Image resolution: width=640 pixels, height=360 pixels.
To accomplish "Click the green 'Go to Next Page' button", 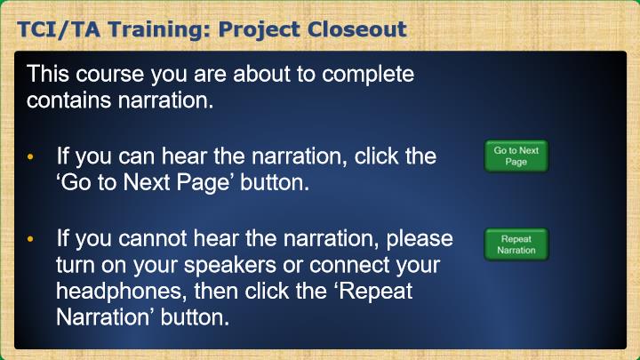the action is pos(516,156).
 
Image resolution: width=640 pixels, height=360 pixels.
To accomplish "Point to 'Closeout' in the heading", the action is pos(357,29).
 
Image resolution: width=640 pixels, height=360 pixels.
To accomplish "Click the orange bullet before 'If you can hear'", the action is pos(30,156).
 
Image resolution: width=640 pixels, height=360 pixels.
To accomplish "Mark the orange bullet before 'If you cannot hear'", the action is pos(30,239).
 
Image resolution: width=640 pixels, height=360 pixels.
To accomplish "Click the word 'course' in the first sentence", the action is pos(110,75).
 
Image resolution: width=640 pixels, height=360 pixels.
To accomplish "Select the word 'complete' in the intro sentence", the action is pos(368,76).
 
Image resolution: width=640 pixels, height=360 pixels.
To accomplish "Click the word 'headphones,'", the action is pos(121,292).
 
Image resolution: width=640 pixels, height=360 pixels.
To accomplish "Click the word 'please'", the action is pos(420,240).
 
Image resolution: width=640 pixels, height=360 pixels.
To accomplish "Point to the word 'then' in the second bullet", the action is pos(216,292).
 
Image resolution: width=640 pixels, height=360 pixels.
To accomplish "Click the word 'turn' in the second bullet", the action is pos(75,265).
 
